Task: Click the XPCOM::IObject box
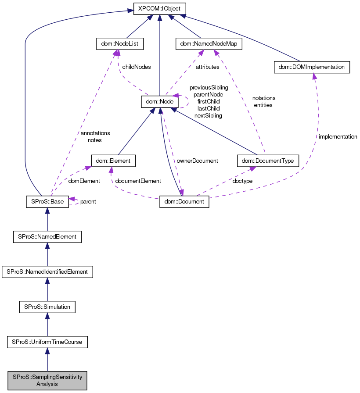[159, 9]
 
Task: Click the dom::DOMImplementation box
[311, 67]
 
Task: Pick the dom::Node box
[159, 102]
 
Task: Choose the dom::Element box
[113, 161]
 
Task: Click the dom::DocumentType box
[268, 161]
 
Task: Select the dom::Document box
[184, 202]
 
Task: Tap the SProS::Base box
[47, 202]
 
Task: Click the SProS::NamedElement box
[47, 236]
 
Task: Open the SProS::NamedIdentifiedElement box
[47, 272]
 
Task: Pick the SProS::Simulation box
[47, 307]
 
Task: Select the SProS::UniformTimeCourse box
[47, 342]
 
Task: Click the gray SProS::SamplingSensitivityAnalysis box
[47, 380]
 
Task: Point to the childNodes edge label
[137, 67]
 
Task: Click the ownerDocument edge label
[197, 161]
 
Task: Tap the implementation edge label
[338, 137]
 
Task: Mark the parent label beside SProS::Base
[88, 202]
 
